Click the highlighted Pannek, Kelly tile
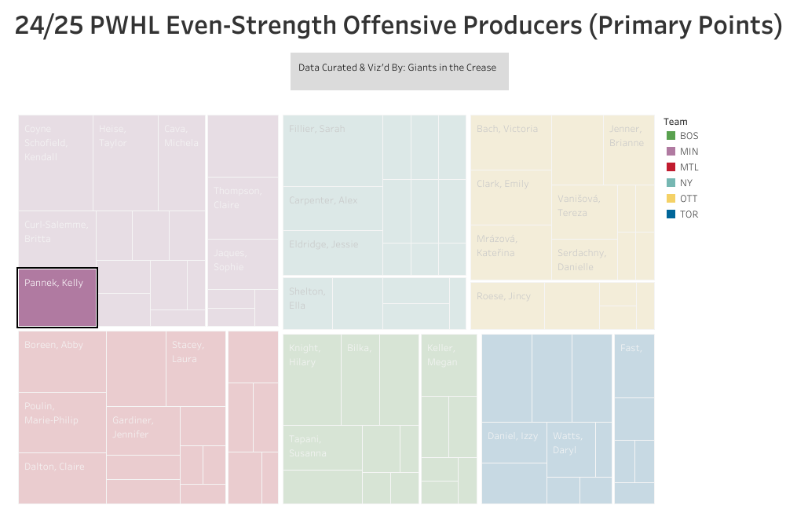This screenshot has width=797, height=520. (57, 298)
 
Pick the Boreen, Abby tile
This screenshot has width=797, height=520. (62, 362)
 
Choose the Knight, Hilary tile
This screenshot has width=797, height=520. (312, 380)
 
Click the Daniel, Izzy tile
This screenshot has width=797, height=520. (514, 442)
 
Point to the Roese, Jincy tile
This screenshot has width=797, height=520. (507, 306)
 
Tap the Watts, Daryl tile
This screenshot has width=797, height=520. (571, 449)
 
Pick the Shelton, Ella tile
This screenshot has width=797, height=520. (308, 302)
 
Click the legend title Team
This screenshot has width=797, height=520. (675, 122)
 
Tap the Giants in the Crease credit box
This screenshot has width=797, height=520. (399, 71)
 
